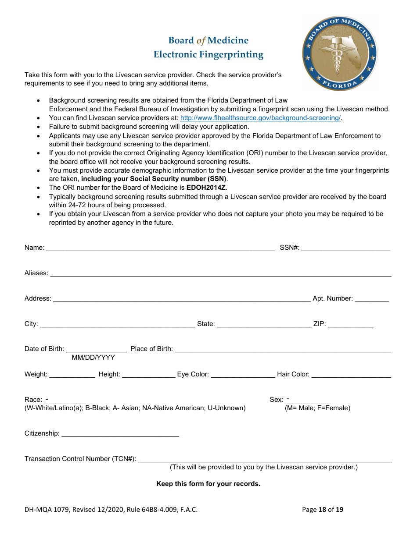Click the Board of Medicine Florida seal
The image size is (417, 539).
[339, 53]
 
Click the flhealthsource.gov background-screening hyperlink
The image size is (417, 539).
[261, 118]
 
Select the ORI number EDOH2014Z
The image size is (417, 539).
[206, 188]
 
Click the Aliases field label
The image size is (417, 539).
[36, 273]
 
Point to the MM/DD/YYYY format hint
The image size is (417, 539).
[93, 358]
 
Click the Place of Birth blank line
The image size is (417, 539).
[283, 349]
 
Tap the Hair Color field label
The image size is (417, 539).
[293, 374]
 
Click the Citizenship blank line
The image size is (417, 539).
[120, 433]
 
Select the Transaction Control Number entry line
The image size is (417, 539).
[265, 459]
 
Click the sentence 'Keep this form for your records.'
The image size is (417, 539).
[208, 484]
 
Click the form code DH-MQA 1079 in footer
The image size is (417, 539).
[47, 509]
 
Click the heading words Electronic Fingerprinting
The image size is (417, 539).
[208, 55]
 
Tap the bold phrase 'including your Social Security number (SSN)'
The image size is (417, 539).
[154, 179]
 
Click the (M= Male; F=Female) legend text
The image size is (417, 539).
[317, 408]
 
